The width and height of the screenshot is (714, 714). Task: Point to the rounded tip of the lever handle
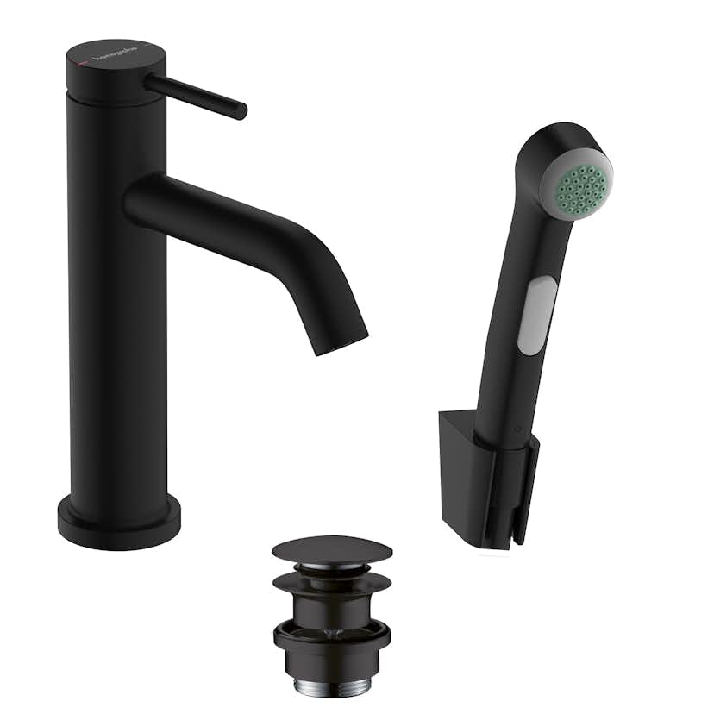coord(241,111)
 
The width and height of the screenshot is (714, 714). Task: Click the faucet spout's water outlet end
coord(341,341)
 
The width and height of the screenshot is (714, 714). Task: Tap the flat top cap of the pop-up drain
coord(332,549)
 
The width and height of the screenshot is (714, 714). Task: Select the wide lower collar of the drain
coord(332,642)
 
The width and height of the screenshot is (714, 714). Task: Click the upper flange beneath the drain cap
coord(332,580)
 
